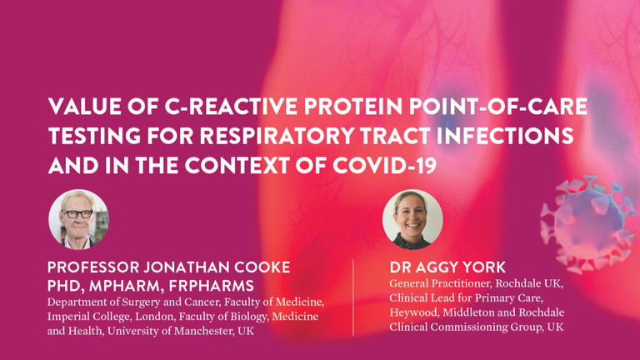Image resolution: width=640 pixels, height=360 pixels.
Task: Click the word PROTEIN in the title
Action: click(x=352, y=107)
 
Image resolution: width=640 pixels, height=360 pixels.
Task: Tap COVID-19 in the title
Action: click(x=384, y=166)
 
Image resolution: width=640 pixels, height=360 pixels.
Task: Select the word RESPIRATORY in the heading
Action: click(x=277, y=136)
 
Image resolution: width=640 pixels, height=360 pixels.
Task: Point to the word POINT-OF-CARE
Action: click(x=498, y=107)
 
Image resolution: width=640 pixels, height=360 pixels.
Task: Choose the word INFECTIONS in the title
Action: click(x=505, y=136)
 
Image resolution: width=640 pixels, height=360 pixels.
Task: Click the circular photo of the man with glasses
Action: click(x=79, y=219)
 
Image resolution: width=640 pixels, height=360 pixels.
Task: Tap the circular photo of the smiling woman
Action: click(x=412, y=219)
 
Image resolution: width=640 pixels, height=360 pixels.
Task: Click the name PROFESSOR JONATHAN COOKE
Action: click(x=168, y=267)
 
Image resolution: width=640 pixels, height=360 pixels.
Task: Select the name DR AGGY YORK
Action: click(x=447, y=267)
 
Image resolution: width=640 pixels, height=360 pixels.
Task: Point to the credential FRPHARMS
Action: click(x=211, y=286)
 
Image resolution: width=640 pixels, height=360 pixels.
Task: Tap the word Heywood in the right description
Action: click(x=413, y=312)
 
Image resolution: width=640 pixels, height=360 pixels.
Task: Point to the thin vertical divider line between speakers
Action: click(x=353, y=297)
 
